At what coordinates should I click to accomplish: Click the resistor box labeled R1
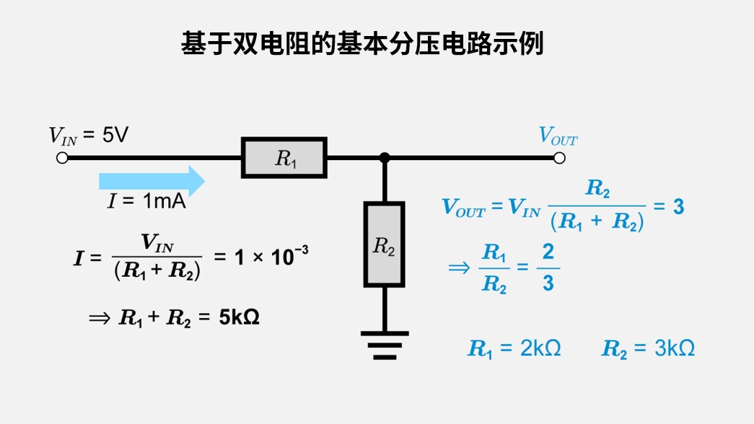pyautogui.click(x=284, y=158)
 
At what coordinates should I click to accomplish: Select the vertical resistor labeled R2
pyautogui.click(x=384, y=244)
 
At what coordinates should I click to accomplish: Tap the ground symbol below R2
pyautogui.click(x=384, y=345)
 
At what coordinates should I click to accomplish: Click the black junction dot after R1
pyautogui.click(x=385, y=158)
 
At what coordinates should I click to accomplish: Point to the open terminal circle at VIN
pyautogui.click(x=62, y=158)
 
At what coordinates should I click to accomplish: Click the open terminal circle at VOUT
pyautogui.click(x=559, y=158)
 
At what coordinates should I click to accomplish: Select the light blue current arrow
pyautogui.click(x=152, y=180)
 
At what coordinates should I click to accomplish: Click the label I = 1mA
pyautogui.click(x=147, y=202)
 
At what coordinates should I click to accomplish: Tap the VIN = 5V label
pyautogui.click(x=88, y=135)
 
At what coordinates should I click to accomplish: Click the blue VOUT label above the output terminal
pyautogui.click(x=558, y=136)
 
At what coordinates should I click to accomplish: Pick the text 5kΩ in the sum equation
pyautogui.click(x=239, y=317)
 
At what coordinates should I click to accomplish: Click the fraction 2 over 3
pyautogui.click(x=548, y=268)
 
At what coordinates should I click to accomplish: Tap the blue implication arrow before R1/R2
pyautogui.click(x=459, y=268)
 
